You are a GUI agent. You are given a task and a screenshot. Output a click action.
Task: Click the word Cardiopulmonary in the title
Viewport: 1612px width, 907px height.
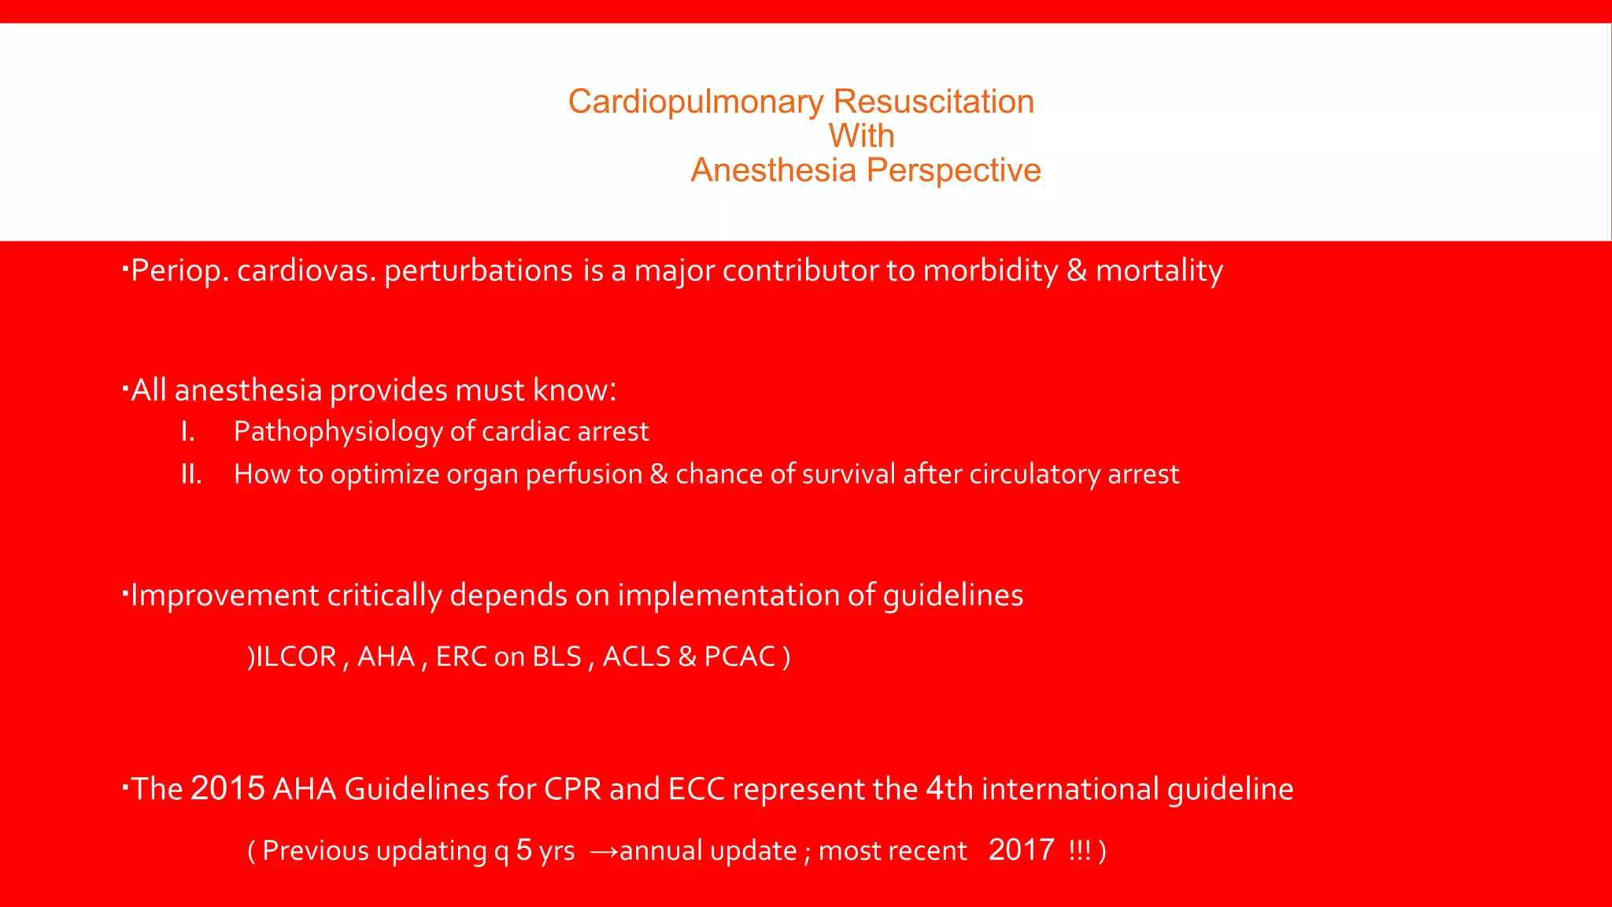696,102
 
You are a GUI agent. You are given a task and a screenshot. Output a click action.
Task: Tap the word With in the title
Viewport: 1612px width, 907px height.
861,136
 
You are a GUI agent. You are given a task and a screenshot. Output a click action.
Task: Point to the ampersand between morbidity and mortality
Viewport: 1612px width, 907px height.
1076,271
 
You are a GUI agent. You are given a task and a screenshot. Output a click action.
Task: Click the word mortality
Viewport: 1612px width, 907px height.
1159,271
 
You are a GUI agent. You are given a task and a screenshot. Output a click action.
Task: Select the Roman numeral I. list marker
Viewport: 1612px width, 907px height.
187,431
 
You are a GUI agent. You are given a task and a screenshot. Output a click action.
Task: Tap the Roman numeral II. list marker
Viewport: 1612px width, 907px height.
191,474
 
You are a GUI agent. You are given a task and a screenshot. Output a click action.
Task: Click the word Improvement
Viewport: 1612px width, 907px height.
224,595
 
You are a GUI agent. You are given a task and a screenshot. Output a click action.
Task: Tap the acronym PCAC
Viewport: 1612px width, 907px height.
740,657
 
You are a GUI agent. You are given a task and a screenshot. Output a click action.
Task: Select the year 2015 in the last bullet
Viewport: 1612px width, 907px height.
227,789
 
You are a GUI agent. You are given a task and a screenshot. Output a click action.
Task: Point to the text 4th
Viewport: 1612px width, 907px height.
948,789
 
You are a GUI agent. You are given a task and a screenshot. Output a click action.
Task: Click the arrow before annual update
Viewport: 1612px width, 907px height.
604,851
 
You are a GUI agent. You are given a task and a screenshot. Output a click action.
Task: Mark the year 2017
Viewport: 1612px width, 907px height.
1021,850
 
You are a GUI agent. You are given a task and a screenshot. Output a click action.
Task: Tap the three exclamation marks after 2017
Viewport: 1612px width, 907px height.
1080,851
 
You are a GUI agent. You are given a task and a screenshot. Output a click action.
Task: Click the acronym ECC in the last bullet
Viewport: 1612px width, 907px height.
696,789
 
